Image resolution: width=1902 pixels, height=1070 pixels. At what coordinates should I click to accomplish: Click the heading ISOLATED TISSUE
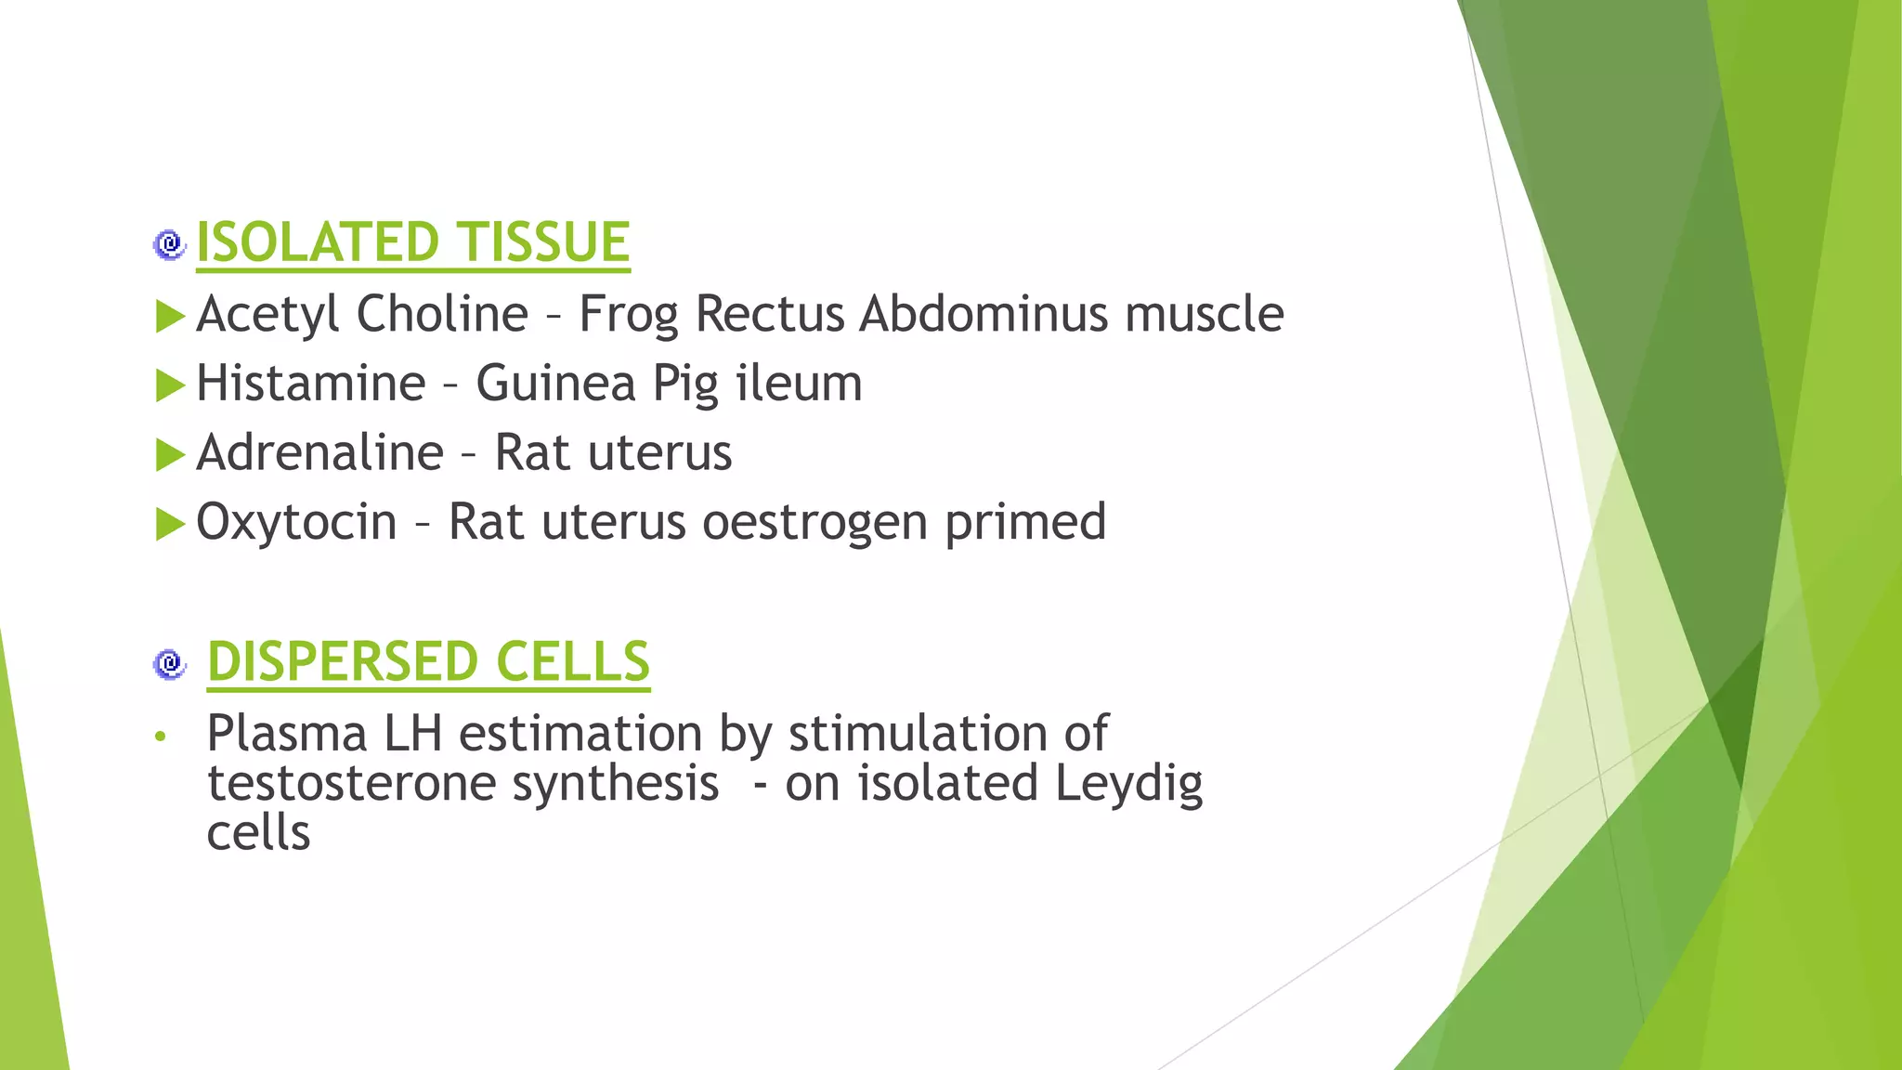coord(413,242)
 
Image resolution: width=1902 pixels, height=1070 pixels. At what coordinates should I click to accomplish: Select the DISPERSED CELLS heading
coord(428,661)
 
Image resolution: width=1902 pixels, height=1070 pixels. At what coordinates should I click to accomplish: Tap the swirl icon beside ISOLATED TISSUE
coord(169,244)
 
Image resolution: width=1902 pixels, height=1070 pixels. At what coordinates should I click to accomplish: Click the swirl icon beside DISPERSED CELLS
coord(169,663)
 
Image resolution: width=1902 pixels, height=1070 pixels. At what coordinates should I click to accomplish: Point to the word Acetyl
coord(268,314)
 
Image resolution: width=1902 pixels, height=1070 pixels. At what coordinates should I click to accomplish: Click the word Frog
coord(629,314)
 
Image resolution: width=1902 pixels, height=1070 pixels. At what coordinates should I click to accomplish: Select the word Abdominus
coord(984,313)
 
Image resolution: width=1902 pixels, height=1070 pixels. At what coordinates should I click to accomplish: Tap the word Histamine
coord(311,383)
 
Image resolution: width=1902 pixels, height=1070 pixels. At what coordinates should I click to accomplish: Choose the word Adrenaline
coord(320,452)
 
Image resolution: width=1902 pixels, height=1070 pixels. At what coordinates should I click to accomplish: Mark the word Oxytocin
coord(297,522)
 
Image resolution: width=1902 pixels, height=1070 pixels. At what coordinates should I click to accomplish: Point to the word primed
coord(1025,522)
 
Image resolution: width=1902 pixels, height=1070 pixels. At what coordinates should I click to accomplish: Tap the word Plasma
coord(287,734)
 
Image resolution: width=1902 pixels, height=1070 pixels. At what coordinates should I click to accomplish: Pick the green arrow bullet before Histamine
coord(171,385)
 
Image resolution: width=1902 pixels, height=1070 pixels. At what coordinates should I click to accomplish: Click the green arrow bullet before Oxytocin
coord(171,525)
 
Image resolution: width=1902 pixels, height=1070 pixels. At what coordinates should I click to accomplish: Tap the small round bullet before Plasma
coord(161,737)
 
